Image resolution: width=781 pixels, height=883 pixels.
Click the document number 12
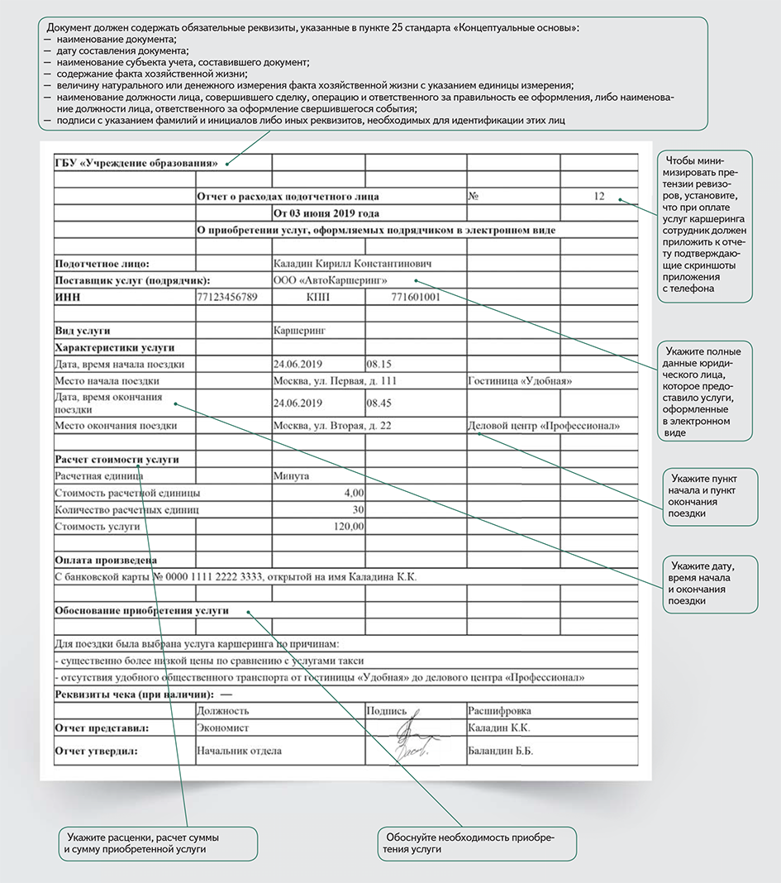599,197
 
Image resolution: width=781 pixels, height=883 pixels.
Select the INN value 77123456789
228,297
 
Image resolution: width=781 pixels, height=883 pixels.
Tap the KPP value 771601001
414,297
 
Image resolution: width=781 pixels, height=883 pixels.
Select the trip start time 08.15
379,364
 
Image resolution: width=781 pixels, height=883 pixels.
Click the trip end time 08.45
379,403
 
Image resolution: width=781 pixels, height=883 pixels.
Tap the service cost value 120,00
347,526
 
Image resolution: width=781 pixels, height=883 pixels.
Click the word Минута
291,476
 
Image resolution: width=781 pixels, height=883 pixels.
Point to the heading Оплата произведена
105,560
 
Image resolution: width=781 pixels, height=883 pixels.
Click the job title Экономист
223,728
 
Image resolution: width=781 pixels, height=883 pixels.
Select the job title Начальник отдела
240,752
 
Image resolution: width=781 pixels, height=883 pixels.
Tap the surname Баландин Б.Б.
500,752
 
